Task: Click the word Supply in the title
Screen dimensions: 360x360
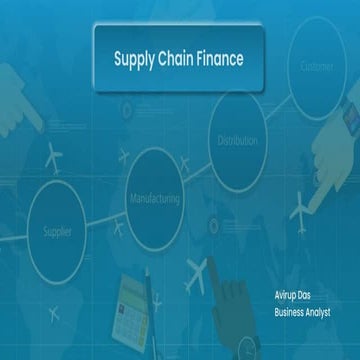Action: tap(135, 59)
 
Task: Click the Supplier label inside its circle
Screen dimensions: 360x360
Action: tap(57, 231)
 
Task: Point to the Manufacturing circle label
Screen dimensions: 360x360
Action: tap(155, 198)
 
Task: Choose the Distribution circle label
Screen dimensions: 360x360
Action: tap(237, 140)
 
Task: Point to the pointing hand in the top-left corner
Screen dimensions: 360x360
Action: tap(30, 100)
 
